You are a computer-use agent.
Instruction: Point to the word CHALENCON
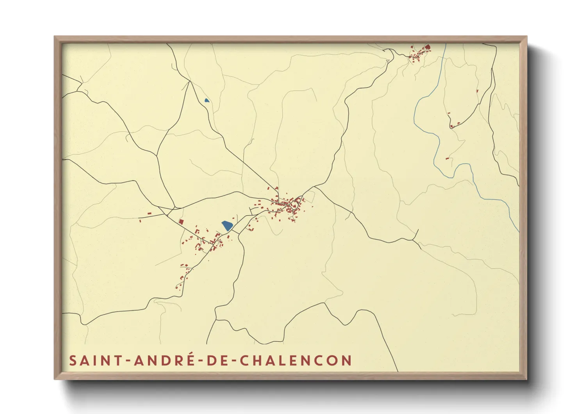click(296, 360)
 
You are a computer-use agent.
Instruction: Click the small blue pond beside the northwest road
click(207, 100)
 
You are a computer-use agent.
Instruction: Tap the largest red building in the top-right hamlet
click(427, 47)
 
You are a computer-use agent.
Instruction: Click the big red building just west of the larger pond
click(181, 221)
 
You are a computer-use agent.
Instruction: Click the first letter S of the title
click(73, 360)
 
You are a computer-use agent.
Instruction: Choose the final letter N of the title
click(347, 360)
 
